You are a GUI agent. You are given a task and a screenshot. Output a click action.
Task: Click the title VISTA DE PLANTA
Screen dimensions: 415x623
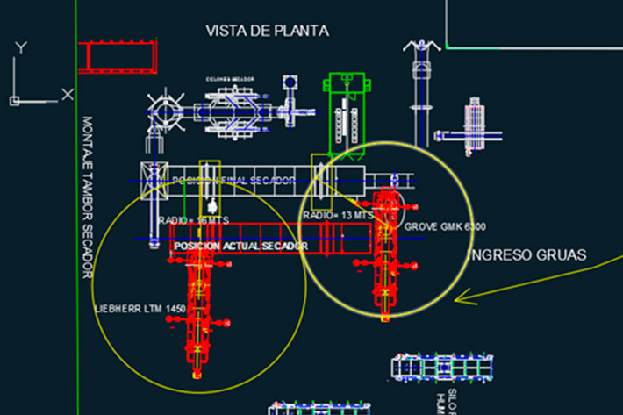(267, 31)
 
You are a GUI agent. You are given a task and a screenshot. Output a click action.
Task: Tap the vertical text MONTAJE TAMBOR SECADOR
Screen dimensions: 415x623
(87, 197)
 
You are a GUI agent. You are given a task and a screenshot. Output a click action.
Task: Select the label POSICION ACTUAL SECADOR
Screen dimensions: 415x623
(240, 247)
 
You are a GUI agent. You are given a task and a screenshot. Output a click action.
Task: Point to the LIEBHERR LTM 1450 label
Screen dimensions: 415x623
(140, 309)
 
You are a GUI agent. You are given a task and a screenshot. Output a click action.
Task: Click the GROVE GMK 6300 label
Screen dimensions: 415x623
(446, 226)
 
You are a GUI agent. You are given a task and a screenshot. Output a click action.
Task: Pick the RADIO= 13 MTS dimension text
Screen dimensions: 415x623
(338, 215)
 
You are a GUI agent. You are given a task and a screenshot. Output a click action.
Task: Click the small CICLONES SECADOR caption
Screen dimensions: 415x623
(230, 79)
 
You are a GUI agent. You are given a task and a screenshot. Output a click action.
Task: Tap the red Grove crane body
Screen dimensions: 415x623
(384, 254)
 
